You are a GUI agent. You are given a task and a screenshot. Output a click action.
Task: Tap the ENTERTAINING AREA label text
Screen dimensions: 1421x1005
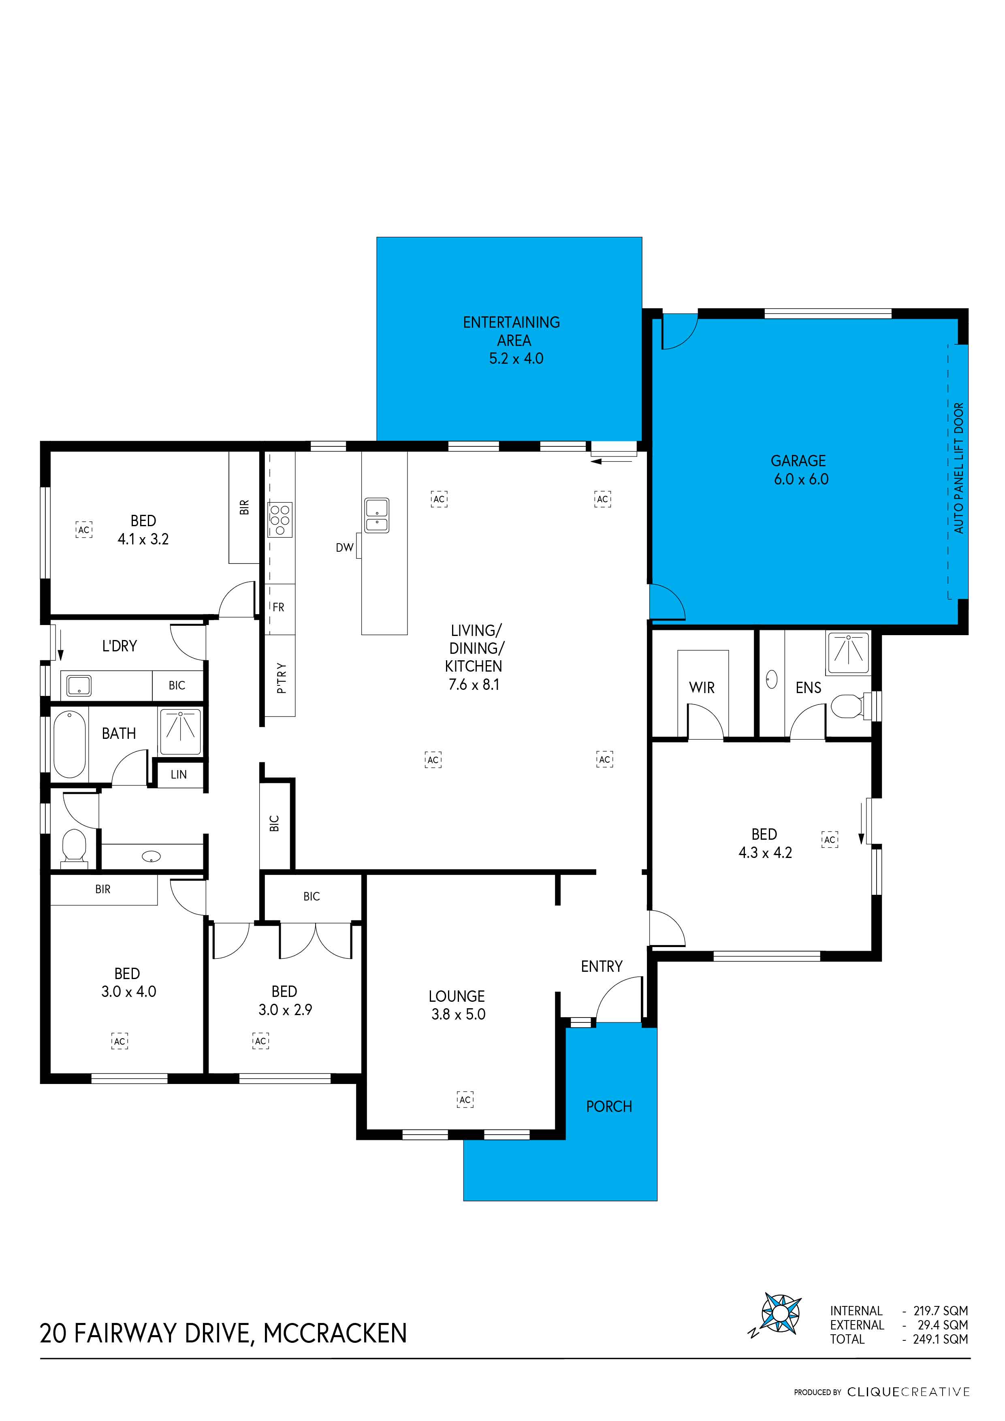pyautogui.click(x=511, y=331)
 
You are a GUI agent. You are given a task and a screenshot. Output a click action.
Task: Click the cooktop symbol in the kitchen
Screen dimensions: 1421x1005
pyautogui.click(x=280, y=520)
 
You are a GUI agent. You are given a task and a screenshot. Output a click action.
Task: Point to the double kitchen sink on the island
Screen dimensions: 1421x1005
pyautogui.click(x=377, y=515)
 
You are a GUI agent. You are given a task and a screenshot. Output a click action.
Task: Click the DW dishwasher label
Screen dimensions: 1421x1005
pyautogui.click(x=344, y=548)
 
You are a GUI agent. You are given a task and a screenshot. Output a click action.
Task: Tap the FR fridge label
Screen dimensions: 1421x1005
pyautogui.click(x=278, y=608)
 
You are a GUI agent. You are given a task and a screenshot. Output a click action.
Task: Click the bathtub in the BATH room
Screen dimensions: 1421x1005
pyautogui.click(x=69, y=745)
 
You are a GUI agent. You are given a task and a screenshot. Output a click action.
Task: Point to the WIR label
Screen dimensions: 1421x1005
pyautogui.click(x=701, y=687)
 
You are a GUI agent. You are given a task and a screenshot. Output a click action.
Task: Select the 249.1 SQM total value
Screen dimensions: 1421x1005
pyautogui.click(x=940, y=1339)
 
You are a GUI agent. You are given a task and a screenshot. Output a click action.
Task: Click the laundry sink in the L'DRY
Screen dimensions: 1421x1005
pyautogui.click(x=79, y=686)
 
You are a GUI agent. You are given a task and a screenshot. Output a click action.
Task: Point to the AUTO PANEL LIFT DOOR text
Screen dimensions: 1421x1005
pyautogui.click(x=958, y=469)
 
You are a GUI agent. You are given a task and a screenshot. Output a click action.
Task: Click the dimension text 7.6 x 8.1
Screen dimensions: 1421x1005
pyautogui.click(x=474, y=685)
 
